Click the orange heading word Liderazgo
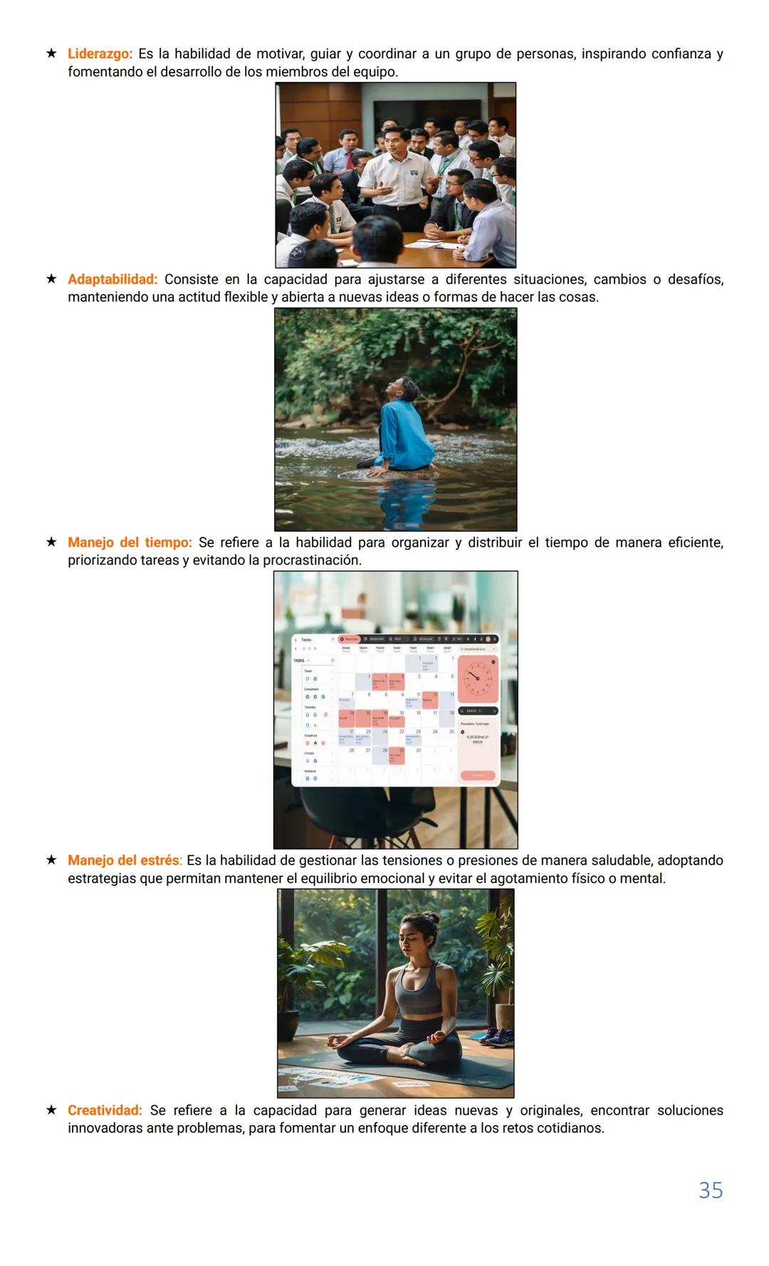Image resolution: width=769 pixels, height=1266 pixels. coord(100,54)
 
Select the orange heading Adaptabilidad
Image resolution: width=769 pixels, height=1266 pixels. coord(113,280)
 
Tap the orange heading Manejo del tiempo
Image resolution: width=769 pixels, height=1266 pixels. coord(130,543)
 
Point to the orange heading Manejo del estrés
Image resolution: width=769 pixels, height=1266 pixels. coord(125,860)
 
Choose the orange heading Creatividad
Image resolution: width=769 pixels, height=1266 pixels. coord(105,1110)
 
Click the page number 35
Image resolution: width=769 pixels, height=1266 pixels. coord(710,1191)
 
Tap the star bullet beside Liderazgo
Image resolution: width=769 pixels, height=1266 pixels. coord(51,53)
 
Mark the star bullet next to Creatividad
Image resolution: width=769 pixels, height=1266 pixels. coord(51,1109)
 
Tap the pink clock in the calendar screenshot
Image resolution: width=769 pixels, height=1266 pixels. coord(477,677)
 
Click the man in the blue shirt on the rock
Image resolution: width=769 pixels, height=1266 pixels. coord(403,427)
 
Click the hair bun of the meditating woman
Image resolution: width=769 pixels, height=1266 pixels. coord(429,921)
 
